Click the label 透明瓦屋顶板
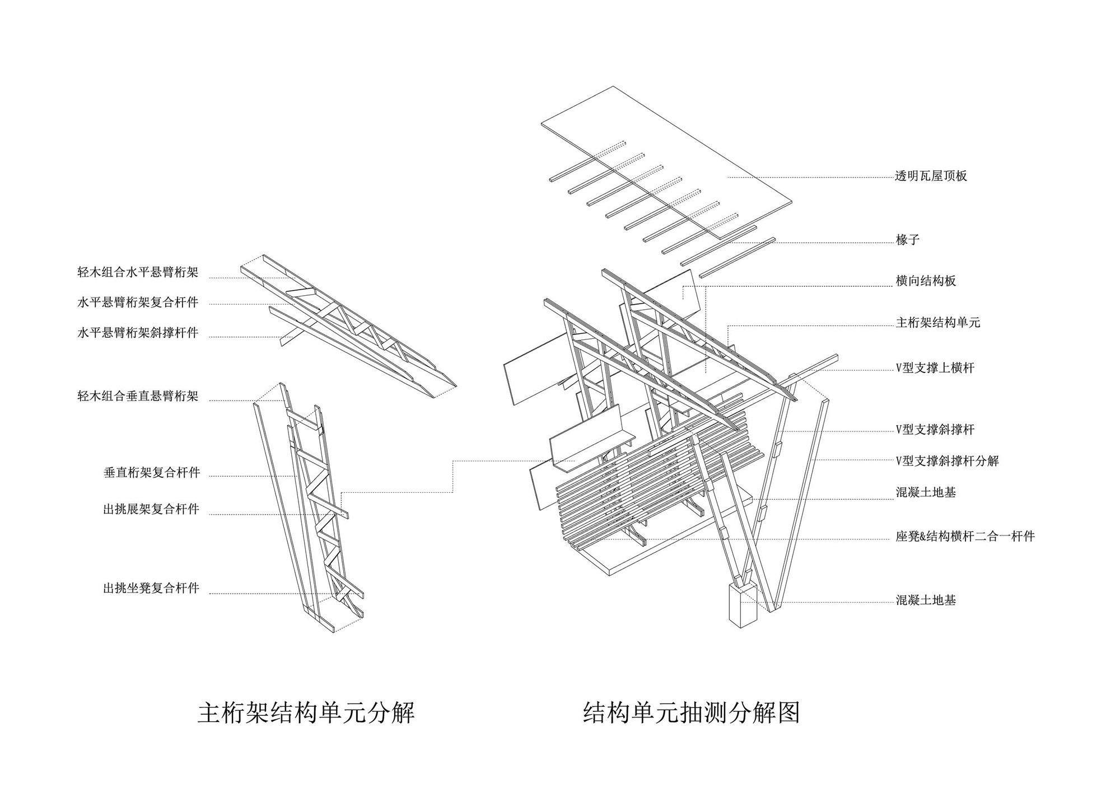pos(931,176)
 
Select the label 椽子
pos(907,240)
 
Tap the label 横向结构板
pos(925,281)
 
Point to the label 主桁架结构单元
pos(938,323)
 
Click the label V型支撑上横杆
pos(935,368)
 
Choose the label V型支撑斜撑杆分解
pos(947,461)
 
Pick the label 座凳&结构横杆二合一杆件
pos(965,536)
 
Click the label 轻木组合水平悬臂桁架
pos(138,273)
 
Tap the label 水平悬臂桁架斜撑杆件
pos(138,333)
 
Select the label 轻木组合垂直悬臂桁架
pos(138,397)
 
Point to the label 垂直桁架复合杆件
pos(152,473)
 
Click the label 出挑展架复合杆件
pos(151,510)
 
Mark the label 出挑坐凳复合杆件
pos(151,589)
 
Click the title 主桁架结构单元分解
pos(306,713)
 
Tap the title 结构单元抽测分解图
pos(691,713)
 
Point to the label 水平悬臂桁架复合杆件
pos(138,303)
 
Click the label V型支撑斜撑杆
pos(935,430)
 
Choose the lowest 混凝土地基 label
pos(925,600)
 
